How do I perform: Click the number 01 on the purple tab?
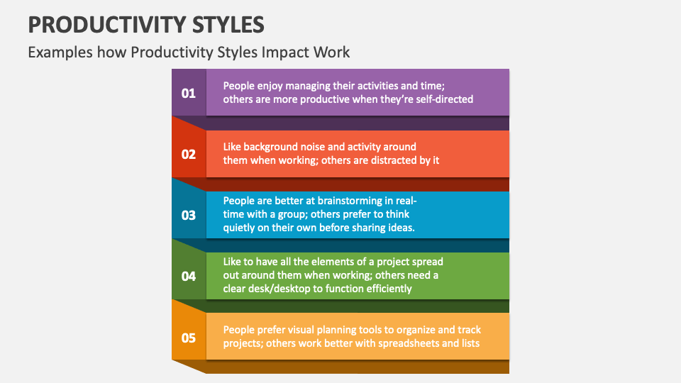189,93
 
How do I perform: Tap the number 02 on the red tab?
189,154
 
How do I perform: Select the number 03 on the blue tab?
189,215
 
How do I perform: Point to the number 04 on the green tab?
189,276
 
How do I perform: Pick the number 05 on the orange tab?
189,337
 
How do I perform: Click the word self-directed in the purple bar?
444,99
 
